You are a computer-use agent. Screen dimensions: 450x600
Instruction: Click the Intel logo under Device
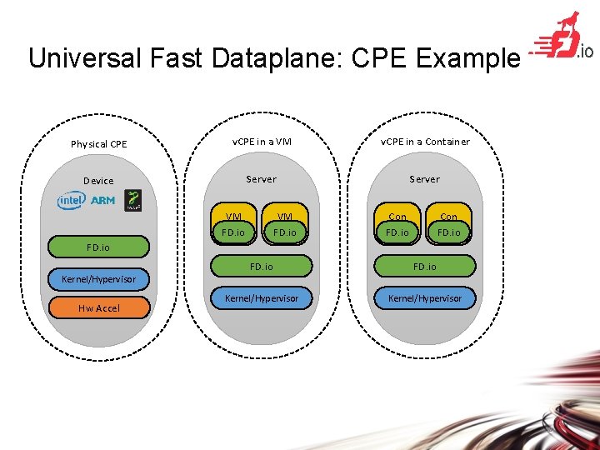(71, 201)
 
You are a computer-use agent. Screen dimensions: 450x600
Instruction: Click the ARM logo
(102, 201)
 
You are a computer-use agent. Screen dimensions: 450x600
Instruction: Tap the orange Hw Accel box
(99, 308)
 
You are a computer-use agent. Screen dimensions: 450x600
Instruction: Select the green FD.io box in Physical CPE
(98, 247)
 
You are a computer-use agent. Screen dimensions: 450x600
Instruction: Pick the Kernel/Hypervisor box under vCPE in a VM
(261, 297)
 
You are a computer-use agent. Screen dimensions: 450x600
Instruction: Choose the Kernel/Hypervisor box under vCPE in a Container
(424, 297)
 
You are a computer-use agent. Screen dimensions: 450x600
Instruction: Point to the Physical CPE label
(99, 144)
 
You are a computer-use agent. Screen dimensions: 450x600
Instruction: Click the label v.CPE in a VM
(261, 142)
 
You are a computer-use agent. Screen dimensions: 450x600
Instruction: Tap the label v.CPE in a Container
(425, 142)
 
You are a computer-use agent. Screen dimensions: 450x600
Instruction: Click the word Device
(98, 181)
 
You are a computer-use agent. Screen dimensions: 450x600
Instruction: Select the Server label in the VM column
(261, 179)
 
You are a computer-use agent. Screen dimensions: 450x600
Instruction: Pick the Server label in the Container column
(424, 179)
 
